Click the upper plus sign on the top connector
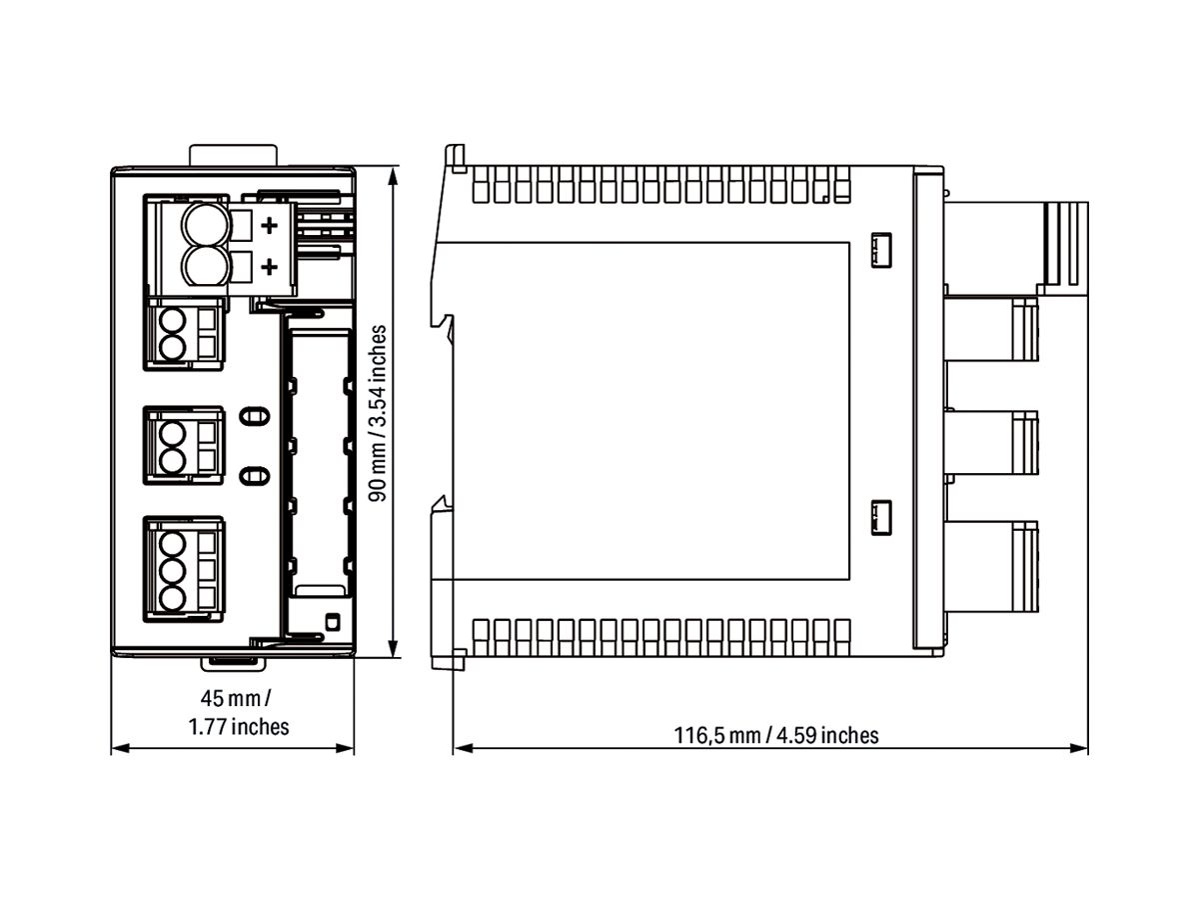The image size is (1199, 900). coord(268,226)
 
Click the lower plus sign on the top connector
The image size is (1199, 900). coord(268,267)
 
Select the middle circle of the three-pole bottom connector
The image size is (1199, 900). coord(173,571)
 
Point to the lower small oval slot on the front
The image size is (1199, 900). coord(255,475)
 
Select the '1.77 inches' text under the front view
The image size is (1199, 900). coord(239,726)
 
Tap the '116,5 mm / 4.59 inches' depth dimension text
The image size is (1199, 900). coord(775,736)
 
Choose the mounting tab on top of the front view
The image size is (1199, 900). coord(233,155)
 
